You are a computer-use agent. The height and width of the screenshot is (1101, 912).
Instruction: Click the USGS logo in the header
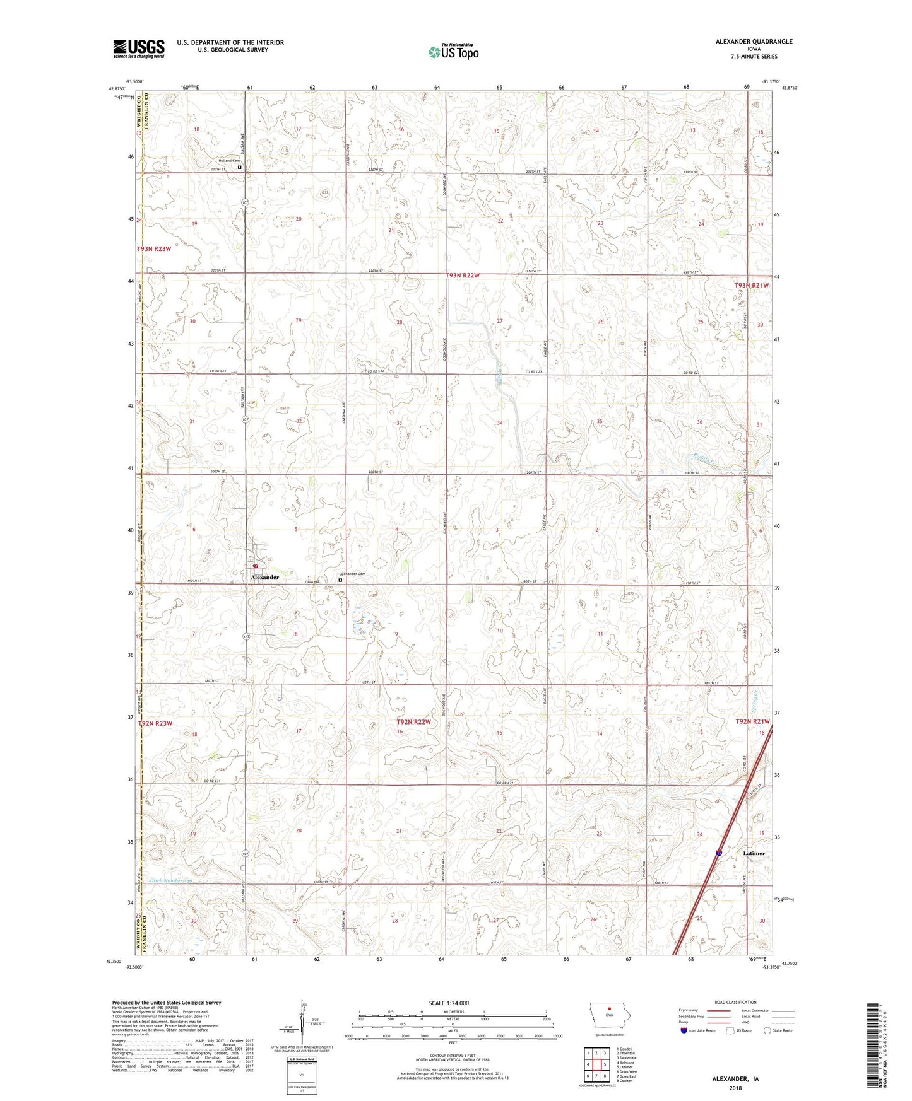pos(138,49)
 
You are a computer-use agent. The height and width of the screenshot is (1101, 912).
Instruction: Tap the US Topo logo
pos(453,52)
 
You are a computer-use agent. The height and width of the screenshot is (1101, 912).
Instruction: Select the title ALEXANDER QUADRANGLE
pos(754,42)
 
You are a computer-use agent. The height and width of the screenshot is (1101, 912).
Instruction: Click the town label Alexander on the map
pos(264,577)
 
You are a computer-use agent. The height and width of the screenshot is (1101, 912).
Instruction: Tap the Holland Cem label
pos(229,161)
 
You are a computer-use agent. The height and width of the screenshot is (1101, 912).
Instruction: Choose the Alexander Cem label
pos(353,574)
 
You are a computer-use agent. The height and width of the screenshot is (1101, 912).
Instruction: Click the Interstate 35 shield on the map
pos(719,853)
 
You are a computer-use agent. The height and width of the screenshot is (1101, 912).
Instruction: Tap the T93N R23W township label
pos(154,249)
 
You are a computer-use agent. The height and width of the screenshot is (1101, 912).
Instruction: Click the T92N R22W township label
pos(413,722)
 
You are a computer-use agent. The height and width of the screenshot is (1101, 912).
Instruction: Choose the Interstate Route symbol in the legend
pos(684,1030)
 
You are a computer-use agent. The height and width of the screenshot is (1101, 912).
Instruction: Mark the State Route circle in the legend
pos(767,1030)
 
